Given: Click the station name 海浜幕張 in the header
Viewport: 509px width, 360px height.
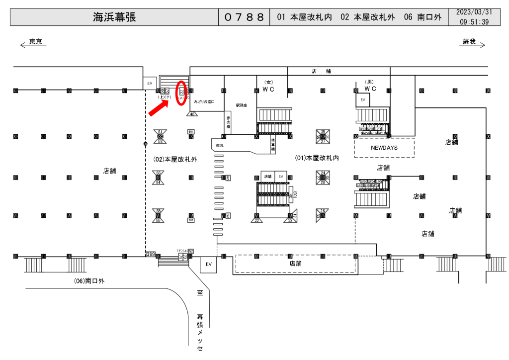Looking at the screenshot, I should tap(114, 17).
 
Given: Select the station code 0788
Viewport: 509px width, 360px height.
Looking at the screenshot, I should tap(244, 17).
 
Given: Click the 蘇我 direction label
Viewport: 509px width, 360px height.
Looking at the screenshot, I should tap(469, 42).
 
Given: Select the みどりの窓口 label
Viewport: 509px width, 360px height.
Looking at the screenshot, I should tap(204, 101).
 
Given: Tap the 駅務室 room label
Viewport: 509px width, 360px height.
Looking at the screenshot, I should tap(242, 105).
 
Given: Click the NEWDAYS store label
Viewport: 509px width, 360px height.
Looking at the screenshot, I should tap(384, 148).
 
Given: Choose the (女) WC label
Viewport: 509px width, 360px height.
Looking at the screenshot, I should tap(269, 86).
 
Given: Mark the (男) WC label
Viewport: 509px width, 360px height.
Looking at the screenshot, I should tap(370, 86).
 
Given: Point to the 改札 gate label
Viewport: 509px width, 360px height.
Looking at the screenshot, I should tap(220, 146).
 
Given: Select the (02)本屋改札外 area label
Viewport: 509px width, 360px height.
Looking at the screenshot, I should tap(175, 159).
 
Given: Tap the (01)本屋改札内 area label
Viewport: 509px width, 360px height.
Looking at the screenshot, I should tap(317, 158).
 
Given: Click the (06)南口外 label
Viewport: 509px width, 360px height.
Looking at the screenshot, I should tap(89, 281).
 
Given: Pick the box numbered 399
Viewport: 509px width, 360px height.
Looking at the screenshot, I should tap(151, 255).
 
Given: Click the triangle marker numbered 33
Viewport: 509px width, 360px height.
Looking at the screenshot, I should tap(257, 218).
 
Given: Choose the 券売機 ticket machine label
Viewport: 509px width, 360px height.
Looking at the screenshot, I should tap(228, 122).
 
